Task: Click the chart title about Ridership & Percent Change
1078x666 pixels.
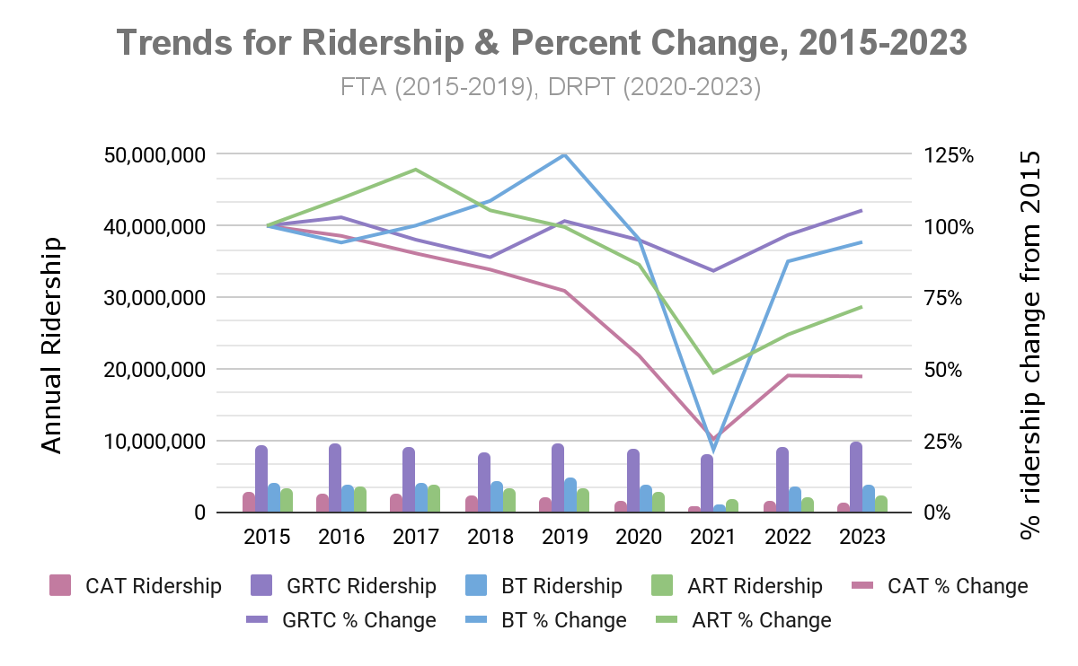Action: (542, 42)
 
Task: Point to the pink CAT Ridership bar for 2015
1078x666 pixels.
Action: (249, 503)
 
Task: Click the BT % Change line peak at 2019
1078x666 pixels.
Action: (564, 155)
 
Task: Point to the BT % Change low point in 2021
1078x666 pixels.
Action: (713, 449)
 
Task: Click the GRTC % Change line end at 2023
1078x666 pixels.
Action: (862, 210)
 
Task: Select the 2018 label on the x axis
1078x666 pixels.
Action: (490, 537)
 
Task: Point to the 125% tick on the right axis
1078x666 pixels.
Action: (950, 154)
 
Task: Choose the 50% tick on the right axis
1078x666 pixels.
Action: (944, 370)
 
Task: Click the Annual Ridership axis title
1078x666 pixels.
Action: (53, 346)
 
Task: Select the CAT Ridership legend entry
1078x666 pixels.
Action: (135, 587)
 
